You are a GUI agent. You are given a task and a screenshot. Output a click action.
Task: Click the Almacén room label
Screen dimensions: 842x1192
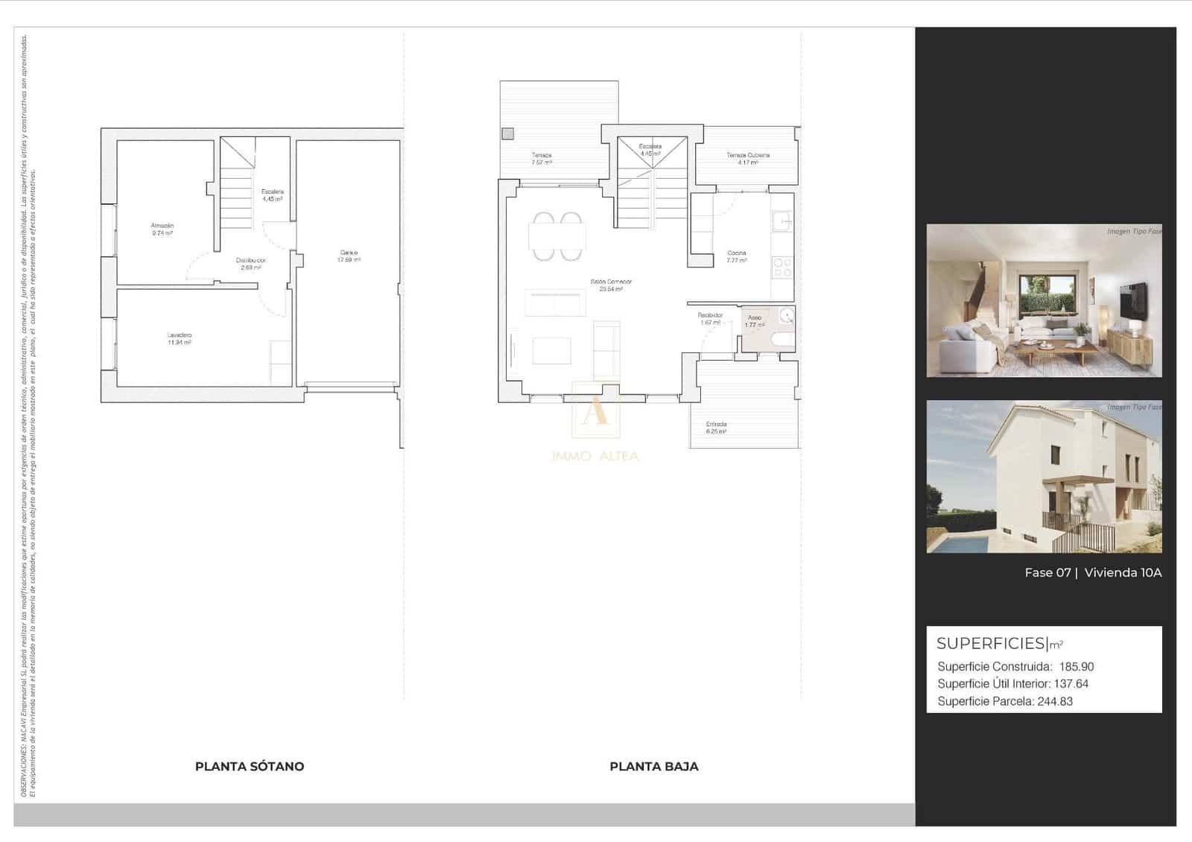162,225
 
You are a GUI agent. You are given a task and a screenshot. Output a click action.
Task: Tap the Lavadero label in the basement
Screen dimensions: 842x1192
180,335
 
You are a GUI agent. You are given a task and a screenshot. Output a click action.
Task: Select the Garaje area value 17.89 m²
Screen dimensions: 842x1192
349,260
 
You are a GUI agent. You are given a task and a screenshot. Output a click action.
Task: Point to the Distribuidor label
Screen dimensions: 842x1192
250,260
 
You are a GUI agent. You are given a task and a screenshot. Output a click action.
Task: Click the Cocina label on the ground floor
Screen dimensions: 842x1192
736,253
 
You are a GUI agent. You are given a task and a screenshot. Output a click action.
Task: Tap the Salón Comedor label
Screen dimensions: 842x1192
611,282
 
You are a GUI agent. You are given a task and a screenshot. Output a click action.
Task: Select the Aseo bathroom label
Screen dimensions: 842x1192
754,317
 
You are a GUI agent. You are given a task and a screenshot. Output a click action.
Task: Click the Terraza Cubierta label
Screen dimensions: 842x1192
748,155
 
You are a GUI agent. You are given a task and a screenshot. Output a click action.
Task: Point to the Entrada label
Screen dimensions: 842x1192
716,424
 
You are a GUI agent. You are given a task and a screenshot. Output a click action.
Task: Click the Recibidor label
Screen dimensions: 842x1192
710,315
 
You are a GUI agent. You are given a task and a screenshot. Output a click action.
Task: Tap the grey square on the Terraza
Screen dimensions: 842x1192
507,134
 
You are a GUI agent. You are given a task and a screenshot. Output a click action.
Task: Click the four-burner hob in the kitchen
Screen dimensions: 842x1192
782,268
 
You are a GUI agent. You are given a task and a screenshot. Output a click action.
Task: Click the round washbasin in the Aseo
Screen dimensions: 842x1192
787,316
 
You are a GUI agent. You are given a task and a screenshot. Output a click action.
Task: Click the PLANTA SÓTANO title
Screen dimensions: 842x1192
250,766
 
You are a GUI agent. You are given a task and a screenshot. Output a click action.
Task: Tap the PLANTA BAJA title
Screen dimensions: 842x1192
653,766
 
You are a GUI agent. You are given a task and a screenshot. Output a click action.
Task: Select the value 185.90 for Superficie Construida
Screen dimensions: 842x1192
1076,667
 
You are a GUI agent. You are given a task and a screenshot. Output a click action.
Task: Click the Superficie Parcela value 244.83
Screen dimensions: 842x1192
1055,701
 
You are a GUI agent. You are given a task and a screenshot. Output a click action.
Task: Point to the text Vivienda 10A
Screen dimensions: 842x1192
1123,572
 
